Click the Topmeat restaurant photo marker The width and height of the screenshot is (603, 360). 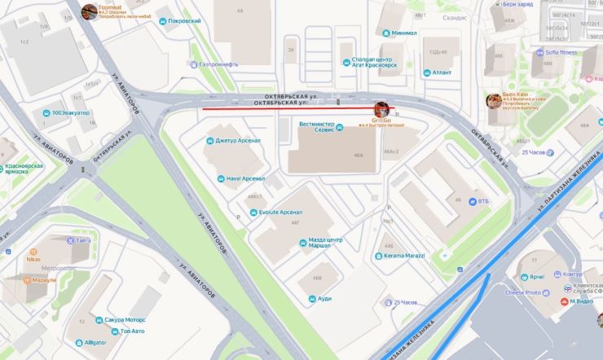click(89, 11)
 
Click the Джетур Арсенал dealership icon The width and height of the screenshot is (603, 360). click(210, 140)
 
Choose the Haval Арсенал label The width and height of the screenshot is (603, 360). click(245, 178)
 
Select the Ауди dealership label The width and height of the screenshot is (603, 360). click(324, 299)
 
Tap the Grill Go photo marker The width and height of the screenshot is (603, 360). click(381, 108)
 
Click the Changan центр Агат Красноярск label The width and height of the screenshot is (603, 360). click(374, 62)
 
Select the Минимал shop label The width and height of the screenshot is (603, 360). click(403, 33)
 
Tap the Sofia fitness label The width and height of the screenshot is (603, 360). click(555, 52)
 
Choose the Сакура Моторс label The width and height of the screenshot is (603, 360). click(124, 320)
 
